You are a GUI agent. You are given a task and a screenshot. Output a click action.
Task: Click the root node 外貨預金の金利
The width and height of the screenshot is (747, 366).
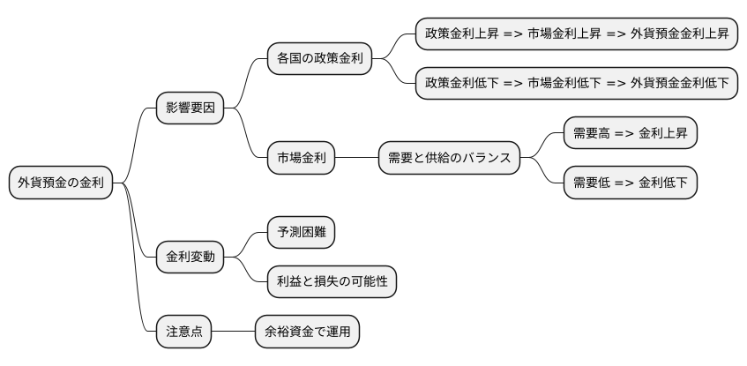pyautogui.click(x=61, y=183)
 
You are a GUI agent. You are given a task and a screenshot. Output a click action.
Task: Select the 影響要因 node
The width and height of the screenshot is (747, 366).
pyautogui.click(x=190, y=109)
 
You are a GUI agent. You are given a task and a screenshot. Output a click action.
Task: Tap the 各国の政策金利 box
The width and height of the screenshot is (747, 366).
pyautogui.click(x=319, y=60)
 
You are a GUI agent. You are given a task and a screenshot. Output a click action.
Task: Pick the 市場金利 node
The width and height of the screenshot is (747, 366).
pyautogui.click(x=302, y=159)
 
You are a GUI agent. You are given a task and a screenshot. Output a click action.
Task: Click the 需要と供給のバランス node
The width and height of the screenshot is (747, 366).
pyautogui.click(x=450, y=159)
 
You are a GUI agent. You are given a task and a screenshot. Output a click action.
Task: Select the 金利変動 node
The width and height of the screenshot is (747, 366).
pyautogui.click(x=190, y=258)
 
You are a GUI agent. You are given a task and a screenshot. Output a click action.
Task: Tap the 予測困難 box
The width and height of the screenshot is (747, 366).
pyautogui.click(x=301, y=233)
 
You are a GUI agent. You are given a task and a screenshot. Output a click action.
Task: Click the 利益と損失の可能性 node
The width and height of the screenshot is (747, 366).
pyautogui.click(x=332, y=282)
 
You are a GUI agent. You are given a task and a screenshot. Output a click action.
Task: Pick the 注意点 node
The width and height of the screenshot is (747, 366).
pyautogui.click(x=183, y=332)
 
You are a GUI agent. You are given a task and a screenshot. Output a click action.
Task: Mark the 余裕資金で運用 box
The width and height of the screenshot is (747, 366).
pyautogui.click(x=307, y=332)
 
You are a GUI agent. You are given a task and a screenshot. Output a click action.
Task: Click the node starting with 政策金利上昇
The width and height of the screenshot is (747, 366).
pyautogui.click(x=577, y=34)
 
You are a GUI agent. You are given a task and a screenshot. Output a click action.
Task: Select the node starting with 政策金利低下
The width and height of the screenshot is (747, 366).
pyautogui.click(x=577, y=84)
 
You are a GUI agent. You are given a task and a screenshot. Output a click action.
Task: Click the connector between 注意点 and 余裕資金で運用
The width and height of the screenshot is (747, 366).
pyautogui.click(x=233, y=332)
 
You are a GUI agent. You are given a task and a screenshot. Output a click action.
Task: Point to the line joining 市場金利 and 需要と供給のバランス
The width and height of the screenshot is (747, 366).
pyautogui.click(x=357, y=159)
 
